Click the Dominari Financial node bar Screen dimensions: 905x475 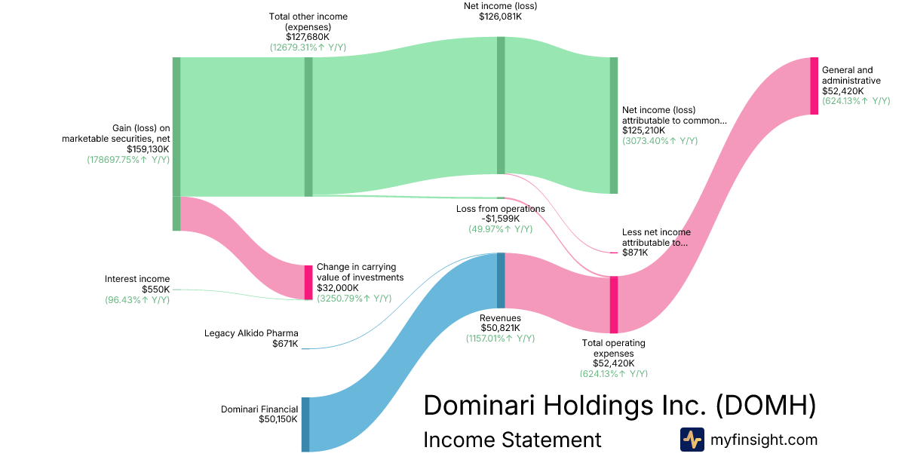305,424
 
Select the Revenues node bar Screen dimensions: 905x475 501,280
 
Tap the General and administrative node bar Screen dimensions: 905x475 814,86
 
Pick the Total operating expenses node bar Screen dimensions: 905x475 614,305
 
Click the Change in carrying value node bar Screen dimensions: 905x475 308,282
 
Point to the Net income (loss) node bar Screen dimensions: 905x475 501,106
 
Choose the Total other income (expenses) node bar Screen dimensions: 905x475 308,127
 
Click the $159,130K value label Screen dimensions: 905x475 148,149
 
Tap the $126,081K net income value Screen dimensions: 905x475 500,17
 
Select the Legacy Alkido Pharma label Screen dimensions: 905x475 251,333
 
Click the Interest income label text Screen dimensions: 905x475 137,279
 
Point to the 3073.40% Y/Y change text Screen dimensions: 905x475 660,141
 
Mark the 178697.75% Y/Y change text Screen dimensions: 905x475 128,160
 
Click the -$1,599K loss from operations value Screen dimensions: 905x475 500,219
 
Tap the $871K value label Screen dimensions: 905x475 635,253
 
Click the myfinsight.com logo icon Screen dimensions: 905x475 692,440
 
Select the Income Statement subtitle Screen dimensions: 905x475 512,440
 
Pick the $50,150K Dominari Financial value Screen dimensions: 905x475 278,419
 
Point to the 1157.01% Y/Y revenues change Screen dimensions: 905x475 500,339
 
